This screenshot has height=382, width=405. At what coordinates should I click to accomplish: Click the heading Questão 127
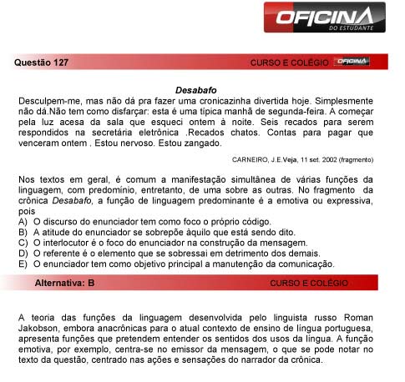(x=42, y=63)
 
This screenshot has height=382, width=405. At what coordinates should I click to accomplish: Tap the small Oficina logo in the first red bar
(x=352, y=62)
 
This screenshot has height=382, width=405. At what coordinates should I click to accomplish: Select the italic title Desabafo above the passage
(x=196, y=88)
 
